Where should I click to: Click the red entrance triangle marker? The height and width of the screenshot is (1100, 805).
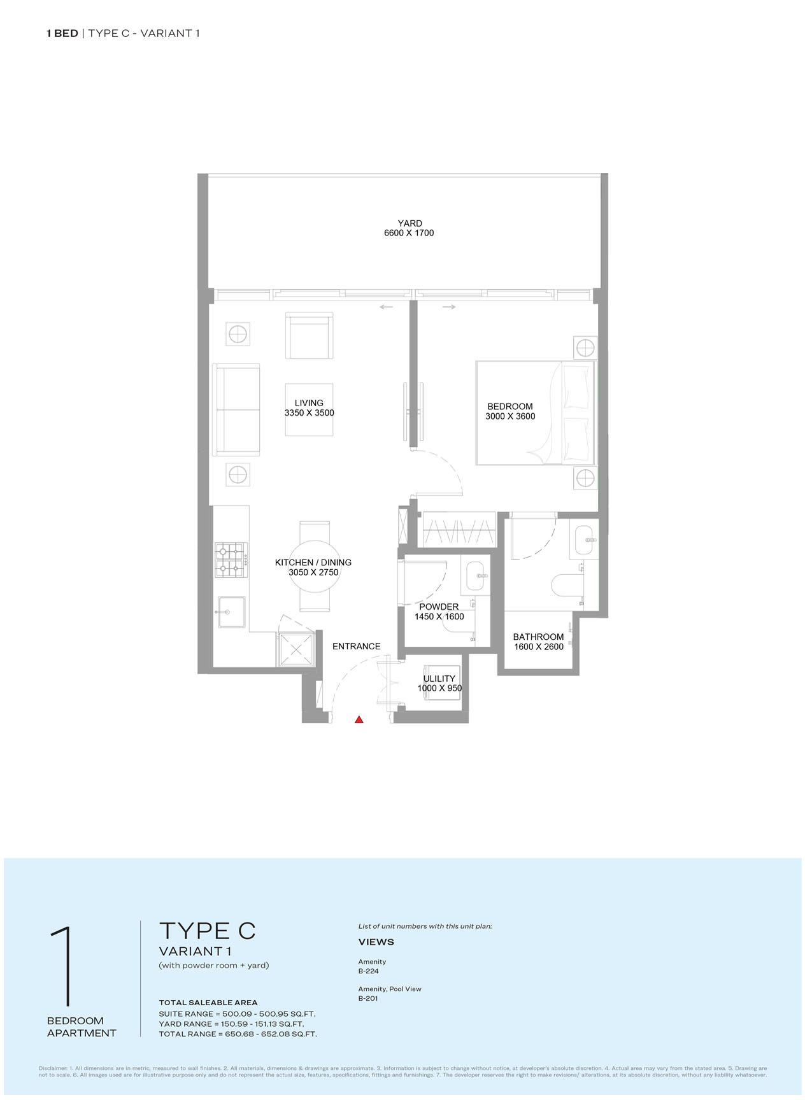[359, 719]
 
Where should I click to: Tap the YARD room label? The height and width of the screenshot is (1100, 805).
[410, 223]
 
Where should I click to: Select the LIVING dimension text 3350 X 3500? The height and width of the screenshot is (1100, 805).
[309, 412]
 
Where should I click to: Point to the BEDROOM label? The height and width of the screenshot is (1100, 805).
[510, 406]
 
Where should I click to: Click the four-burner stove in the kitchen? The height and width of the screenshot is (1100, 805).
[231, 560]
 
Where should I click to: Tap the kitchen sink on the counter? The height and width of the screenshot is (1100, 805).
[232, 612]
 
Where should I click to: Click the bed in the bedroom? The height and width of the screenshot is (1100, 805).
[535, 412]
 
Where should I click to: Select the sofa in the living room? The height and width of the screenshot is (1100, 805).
[236, 410]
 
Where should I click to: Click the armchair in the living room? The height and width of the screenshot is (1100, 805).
[310, 336]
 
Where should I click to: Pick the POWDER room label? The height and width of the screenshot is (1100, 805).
[439, 607]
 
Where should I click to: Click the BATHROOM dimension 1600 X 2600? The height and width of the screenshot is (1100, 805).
[539, 647]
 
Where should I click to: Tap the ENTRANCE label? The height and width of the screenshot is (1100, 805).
[356, 646]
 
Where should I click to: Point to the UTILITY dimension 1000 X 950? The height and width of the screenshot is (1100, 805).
[439, 688]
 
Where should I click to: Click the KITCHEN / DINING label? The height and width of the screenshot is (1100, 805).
[313, 562]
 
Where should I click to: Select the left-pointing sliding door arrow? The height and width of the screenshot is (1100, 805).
[386, 307]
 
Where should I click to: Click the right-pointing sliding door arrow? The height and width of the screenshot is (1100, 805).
[449, 307]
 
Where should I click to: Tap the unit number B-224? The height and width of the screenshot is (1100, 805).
[369, 971]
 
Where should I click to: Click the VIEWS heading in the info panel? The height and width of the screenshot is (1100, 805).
[376, 942]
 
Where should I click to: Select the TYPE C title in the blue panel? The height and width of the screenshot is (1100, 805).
[207, 931]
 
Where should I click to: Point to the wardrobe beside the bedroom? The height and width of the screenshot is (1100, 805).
[459, 529]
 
